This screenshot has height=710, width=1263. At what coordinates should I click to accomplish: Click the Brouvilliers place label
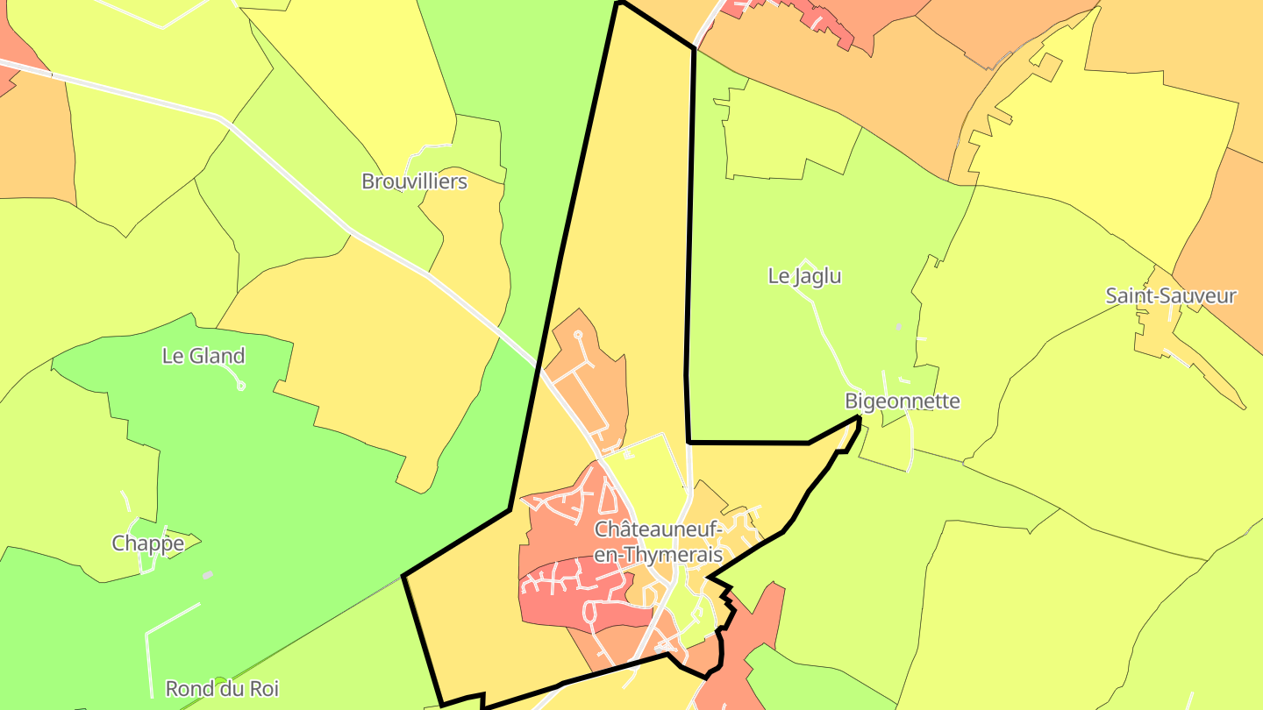point(414,181)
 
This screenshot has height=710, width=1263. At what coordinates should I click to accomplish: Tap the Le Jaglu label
point(804,276)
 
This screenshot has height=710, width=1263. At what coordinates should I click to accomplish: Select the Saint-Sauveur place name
point(1171,295)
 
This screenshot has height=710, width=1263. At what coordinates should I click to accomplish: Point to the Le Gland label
point(203,356)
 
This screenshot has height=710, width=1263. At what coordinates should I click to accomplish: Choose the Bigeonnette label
point(902,401)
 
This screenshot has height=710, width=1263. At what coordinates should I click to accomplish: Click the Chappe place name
point(148,543)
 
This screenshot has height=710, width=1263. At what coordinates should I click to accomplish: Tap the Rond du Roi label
point(222,688)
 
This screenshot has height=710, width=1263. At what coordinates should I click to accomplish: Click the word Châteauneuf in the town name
point(658,529)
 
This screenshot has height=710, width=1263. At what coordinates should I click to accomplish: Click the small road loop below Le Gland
point(241,385)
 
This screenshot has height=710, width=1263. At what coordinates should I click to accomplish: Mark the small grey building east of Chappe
point(208,575)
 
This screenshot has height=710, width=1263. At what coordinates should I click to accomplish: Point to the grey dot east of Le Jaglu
point(898,327)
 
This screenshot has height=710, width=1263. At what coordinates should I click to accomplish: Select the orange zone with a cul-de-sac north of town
point(592,377)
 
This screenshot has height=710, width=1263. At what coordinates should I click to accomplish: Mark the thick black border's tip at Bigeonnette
point(858,420)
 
